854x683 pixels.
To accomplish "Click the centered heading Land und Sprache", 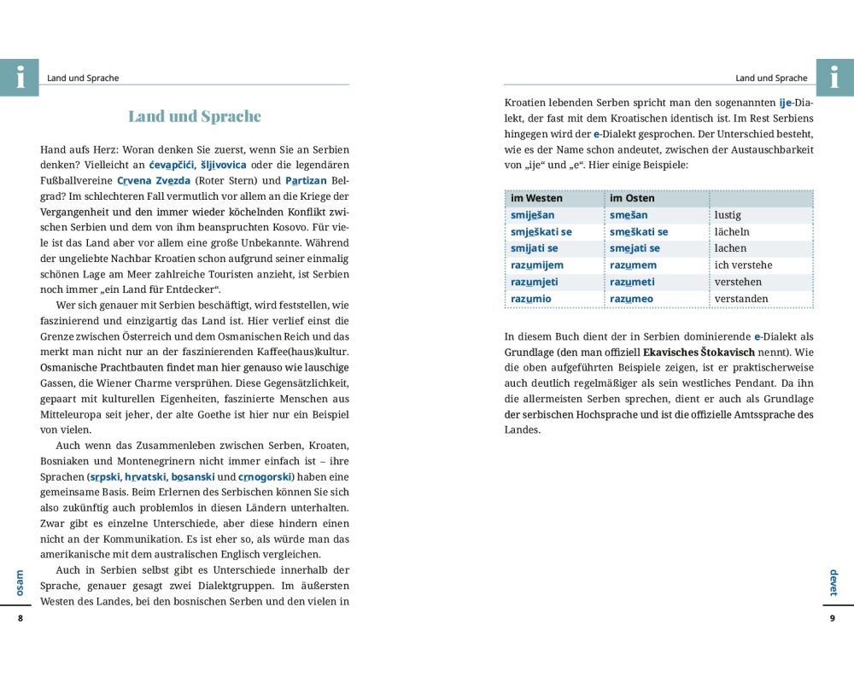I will [x=195, y=116].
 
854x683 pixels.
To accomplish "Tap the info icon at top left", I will [x=19, y=78].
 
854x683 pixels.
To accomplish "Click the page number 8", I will [x=20, y=618].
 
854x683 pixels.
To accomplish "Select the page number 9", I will [x=832, y=618].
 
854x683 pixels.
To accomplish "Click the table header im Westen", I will [x=536, y=198].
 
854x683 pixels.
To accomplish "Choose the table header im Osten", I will [x=632, y=198].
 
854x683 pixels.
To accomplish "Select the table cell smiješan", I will [x=533, y=215].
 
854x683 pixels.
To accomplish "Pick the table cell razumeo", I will [x=631, y=299].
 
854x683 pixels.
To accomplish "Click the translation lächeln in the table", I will [x=732, y=232].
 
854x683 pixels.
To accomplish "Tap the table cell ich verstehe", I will [x=743, y=266].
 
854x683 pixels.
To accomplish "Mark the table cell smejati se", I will [x=635, y=248].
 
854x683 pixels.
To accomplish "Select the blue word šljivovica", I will [x=224, y=165].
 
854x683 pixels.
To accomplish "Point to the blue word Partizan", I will [x=305, y=181].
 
